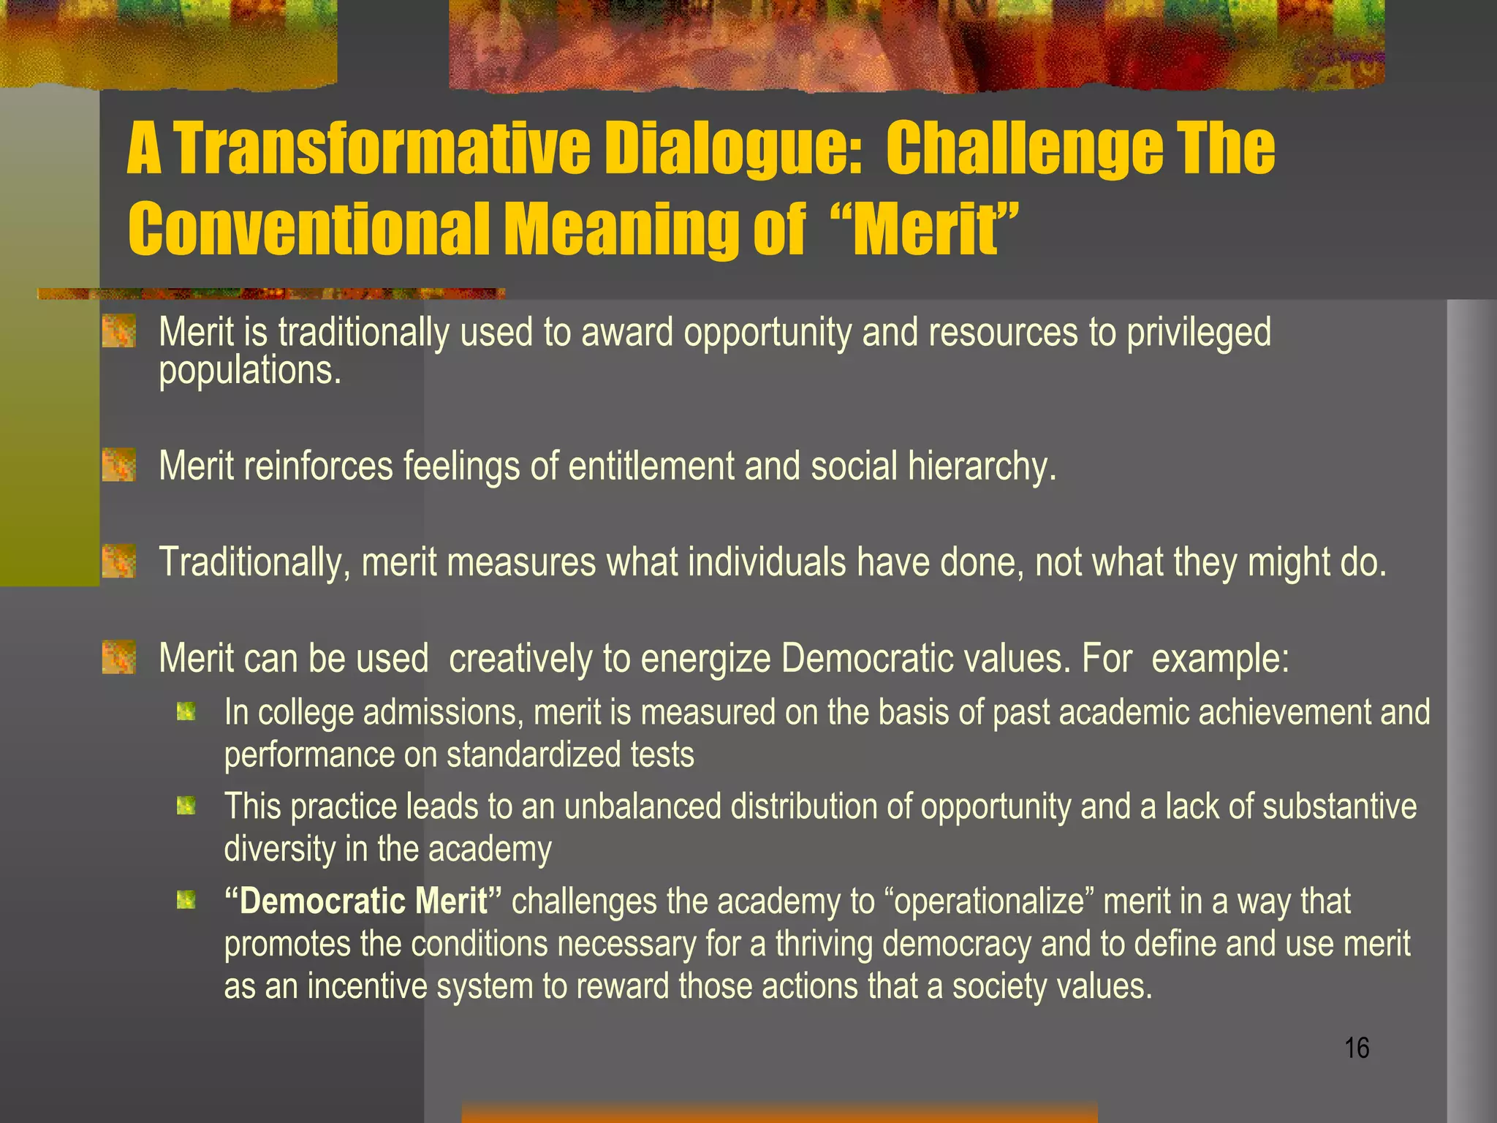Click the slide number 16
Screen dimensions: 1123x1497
pyautogui.click(x=1357, y=1048)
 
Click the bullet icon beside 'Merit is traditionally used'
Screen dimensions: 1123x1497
pyautogui.click(x=118, y=331)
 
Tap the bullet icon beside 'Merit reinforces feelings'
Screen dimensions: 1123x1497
pyautogui.click(x=118, y=466)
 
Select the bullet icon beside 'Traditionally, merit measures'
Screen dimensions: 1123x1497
pyautogui.click(x=118, y=561)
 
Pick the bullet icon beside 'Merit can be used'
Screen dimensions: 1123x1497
pyautogui.click(x=118, y=657)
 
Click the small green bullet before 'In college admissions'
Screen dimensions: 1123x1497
pyautogui.click(x=186, y=711)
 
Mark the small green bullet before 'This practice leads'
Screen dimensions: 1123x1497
pyautogui.click(x=186, y=806)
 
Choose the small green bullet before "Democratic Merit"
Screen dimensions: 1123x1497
pyautogui.click(x=186, y=900)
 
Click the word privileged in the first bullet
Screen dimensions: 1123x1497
pyautogui.click(x=1198, y=333)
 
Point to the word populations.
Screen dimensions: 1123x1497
pyautogui.click(x=250, y=371)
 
